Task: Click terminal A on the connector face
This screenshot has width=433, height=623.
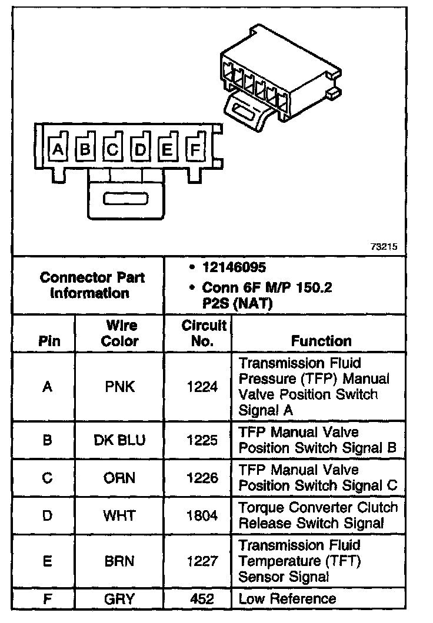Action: click(x=57, y=150)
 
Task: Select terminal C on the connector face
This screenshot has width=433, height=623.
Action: click(x=112, y=150)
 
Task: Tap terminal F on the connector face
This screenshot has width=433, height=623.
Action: click(x=195, y=150)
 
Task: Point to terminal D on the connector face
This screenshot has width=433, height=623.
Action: click(x=140, y=150)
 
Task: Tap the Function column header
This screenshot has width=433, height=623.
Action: click(x=321, y=341)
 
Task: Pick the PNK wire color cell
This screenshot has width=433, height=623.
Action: click(x=120, y=387)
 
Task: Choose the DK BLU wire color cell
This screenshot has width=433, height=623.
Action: click(x=120, y=440)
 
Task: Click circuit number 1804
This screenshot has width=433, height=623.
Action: click(x=202, y=515)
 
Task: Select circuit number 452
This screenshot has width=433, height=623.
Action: click(x=202, y=599)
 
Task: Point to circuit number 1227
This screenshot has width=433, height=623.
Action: click(x=202, y=561)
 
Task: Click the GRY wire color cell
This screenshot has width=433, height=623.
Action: click(x=120, y=599)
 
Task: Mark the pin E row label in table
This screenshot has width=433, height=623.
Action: click(x=48, y=561)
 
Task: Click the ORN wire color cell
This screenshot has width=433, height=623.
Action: click(x=120, y=478)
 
